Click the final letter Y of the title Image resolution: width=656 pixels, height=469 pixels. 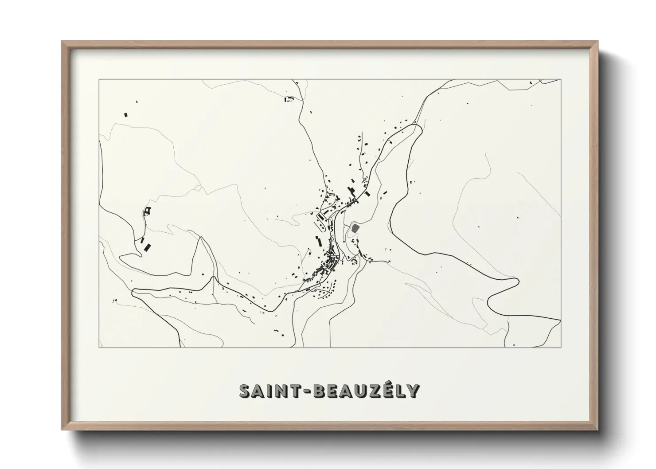point(412,391)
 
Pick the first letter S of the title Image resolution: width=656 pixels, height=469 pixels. point(244,391)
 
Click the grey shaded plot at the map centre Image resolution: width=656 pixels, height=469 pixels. point(355,228)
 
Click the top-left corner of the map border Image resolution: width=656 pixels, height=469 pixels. point(99,80)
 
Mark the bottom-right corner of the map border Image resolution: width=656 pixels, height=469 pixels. point(561,348)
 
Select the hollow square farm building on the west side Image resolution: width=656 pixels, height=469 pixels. point(148,210)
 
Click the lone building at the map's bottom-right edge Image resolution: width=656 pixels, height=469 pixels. point(513,344)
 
